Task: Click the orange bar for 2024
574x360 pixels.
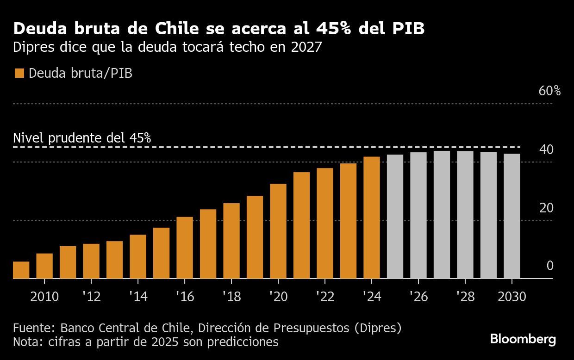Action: [372, 217]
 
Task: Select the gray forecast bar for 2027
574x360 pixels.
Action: [442, 215]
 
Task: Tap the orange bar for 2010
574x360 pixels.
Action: [44, 266]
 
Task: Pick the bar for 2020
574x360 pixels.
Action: [278, 231]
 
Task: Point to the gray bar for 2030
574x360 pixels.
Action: [512, 216]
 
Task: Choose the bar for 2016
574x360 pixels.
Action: [185, 248]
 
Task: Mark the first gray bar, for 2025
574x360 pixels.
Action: [395, 217]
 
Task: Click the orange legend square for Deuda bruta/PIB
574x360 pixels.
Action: [19, 73]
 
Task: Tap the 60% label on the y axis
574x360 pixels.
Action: [549, 91]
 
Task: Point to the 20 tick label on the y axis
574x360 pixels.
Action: [546, 208]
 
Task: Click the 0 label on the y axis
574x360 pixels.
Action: [549, 266]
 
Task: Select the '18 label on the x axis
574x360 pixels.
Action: [231, 297]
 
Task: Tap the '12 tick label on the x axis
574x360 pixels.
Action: [91, 297]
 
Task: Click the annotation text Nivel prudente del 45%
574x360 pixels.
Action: [82, 137]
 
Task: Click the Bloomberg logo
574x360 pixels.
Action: [523, 339]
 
